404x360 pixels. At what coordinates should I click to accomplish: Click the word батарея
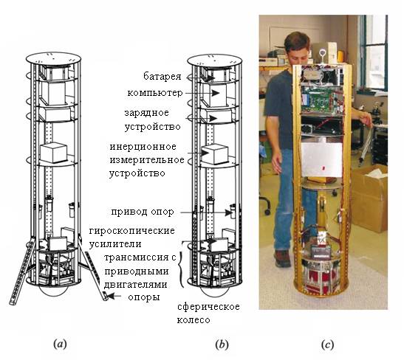pos(162,76)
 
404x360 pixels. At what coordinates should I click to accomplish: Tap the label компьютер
pos(155,93)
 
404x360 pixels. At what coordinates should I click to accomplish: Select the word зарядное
pos(147,113)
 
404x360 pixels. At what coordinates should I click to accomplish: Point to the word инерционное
pos(143,147)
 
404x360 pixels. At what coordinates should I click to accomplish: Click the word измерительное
pos(147,160)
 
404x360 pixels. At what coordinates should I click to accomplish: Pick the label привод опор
pos(143,212)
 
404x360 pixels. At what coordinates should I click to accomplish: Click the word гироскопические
pos(132,231)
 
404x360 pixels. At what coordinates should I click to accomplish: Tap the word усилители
pos(115,244)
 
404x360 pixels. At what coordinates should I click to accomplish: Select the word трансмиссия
pos(137,257)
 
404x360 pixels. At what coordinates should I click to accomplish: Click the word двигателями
pos(135,285)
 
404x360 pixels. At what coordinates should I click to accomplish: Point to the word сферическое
pos(208,307)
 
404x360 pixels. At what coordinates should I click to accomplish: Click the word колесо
pos(194,320)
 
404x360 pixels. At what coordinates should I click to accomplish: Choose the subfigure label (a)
pos(60,344)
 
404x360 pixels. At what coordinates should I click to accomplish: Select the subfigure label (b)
pos(222,344)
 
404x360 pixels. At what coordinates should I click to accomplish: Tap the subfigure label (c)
pos(327,345)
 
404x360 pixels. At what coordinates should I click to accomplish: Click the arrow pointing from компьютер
pos(202,93)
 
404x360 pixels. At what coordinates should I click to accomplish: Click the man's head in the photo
pos(298,49)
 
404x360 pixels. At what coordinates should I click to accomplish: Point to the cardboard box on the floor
pos(369,198)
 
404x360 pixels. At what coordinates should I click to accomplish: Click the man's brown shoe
pos(283,258)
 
